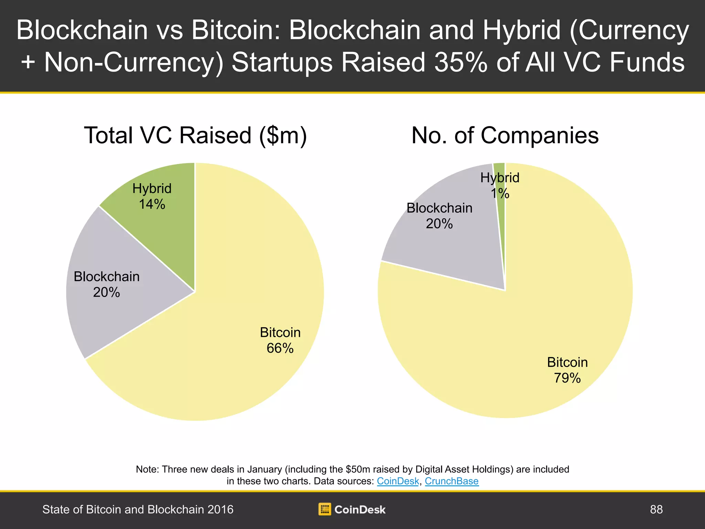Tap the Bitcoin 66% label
coord(280,340)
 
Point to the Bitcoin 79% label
coord(567,370)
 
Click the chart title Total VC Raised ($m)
coord(195,135)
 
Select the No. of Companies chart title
coord(505,135)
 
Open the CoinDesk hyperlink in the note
coord(398,481)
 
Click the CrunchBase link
coord(452,481)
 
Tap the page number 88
coord(656,509)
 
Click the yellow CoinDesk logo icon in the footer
coord(325,509)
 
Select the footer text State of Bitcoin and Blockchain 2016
coord(138,509)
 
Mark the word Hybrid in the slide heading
coord(522,30)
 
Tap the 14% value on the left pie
coord(152,204)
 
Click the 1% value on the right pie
coord(500,194)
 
